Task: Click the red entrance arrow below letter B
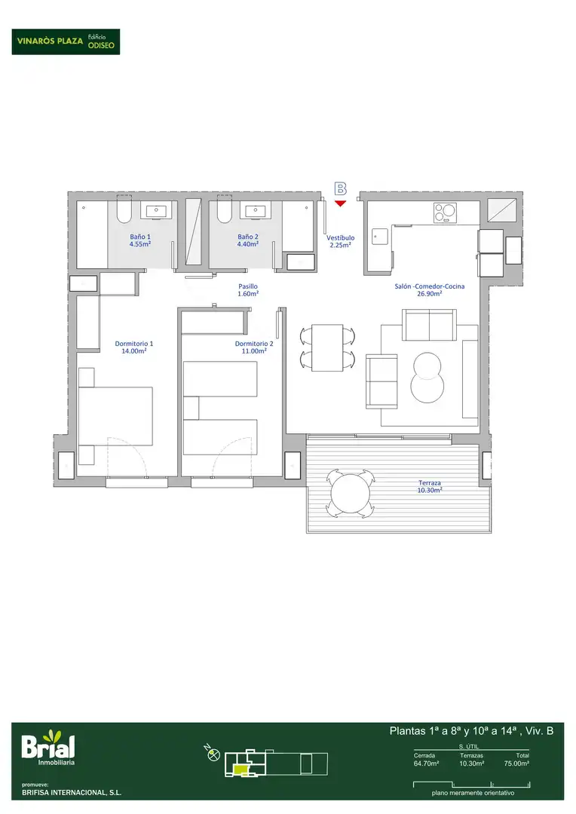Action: coord(340,203)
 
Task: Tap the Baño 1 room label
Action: coord(140,240)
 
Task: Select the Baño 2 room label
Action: coord(248,240)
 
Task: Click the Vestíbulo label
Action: coord(340,241)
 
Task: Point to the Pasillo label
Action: coord(248,289)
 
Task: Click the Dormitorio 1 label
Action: coord(134,347)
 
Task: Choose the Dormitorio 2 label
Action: coord(254,347)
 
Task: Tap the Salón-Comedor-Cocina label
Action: coord(430,289)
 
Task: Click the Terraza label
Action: coord(430,486)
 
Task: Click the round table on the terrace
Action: coord(351,493)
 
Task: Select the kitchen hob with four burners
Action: coord(445,213)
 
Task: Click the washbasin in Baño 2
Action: coord(255,211)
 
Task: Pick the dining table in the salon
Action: coord(327,347)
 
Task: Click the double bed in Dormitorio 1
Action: coord(115,416)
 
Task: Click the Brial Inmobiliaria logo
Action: coord(48,748)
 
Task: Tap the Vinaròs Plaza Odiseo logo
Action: coord(66,41)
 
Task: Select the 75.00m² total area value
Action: coord(516,764)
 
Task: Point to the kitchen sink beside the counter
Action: coord(379,237)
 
